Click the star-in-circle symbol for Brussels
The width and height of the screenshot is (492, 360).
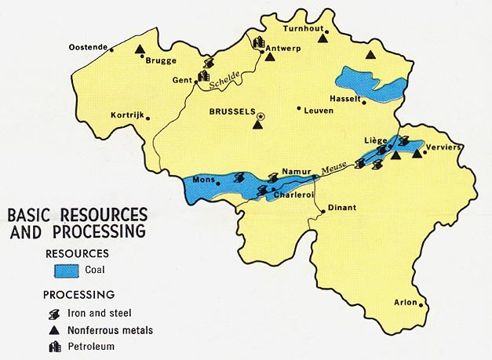point(261,115)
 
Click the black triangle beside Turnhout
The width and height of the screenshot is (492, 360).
point(322,37)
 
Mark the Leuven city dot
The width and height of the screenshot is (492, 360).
point(299,109)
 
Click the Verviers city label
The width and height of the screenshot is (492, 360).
point(442,147)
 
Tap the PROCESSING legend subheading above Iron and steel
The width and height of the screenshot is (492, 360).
point(79,294)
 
